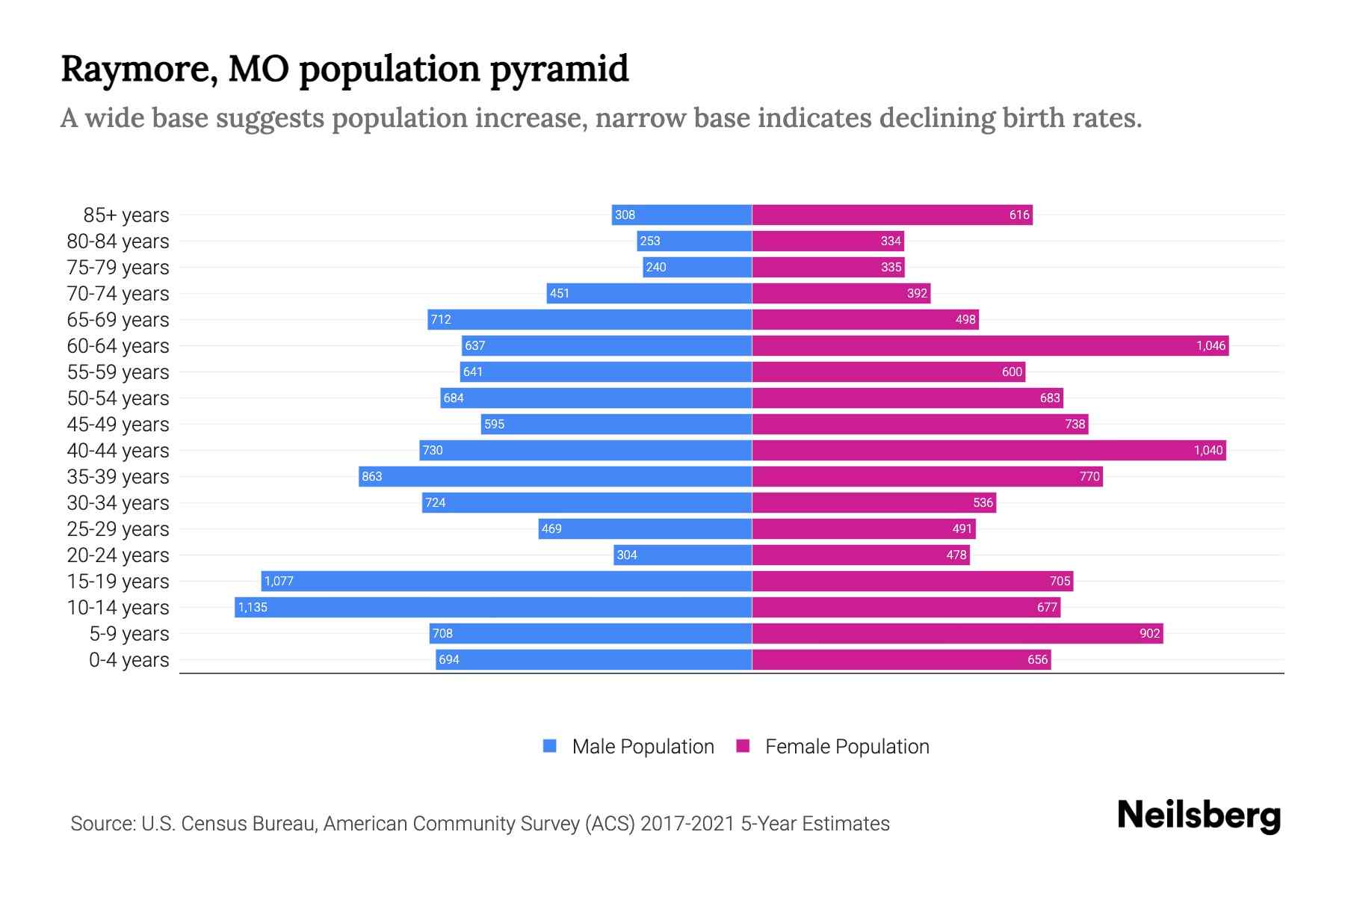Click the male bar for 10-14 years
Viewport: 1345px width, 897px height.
point(493,607)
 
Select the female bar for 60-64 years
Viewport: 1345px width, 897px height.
point(990,345)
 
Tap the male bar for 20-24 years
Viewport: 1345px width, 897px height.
point(682,555)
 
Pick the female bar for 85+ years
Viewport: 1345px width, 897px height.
point(892,215)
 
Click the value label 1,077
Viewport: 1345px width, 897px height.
point(279,581)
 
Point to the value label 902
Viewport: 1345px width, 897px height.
point(1149,633)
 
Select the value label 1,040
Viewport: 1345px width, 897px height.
point(1208,450)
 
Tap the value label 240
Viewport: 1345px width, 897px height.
point(655,267)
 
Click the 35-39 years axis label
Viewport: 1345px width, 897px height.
point(118,476)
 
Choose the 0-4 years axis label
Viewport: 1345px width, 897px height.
point(129,659)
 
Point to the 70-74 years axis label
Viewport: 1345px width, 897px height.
point(118,293)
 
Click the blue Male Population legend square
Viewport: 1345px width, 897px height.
point(550,746)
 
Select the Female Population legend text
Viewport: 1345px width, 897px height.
point(847,746)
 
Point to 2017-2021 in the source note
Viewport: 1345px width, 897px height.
point(687,823)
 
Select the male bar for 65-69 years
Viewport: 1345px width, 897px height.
point(590,319)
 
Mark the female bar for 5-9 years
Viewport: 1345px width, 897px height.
point(957,633)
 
